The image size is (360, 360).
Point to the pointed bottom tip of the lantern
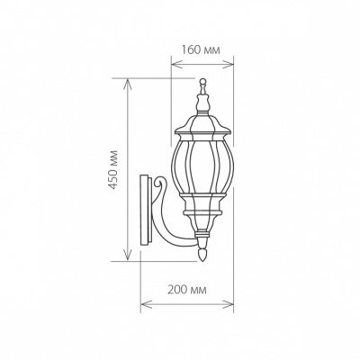203,256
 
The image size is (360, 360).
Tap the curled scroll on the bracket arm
161,192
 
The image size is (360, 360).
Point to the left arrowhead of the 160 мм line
172,62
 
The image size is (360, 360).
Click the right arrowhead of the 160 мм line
236,62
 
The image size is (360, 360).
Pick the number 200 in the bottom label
178,290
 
